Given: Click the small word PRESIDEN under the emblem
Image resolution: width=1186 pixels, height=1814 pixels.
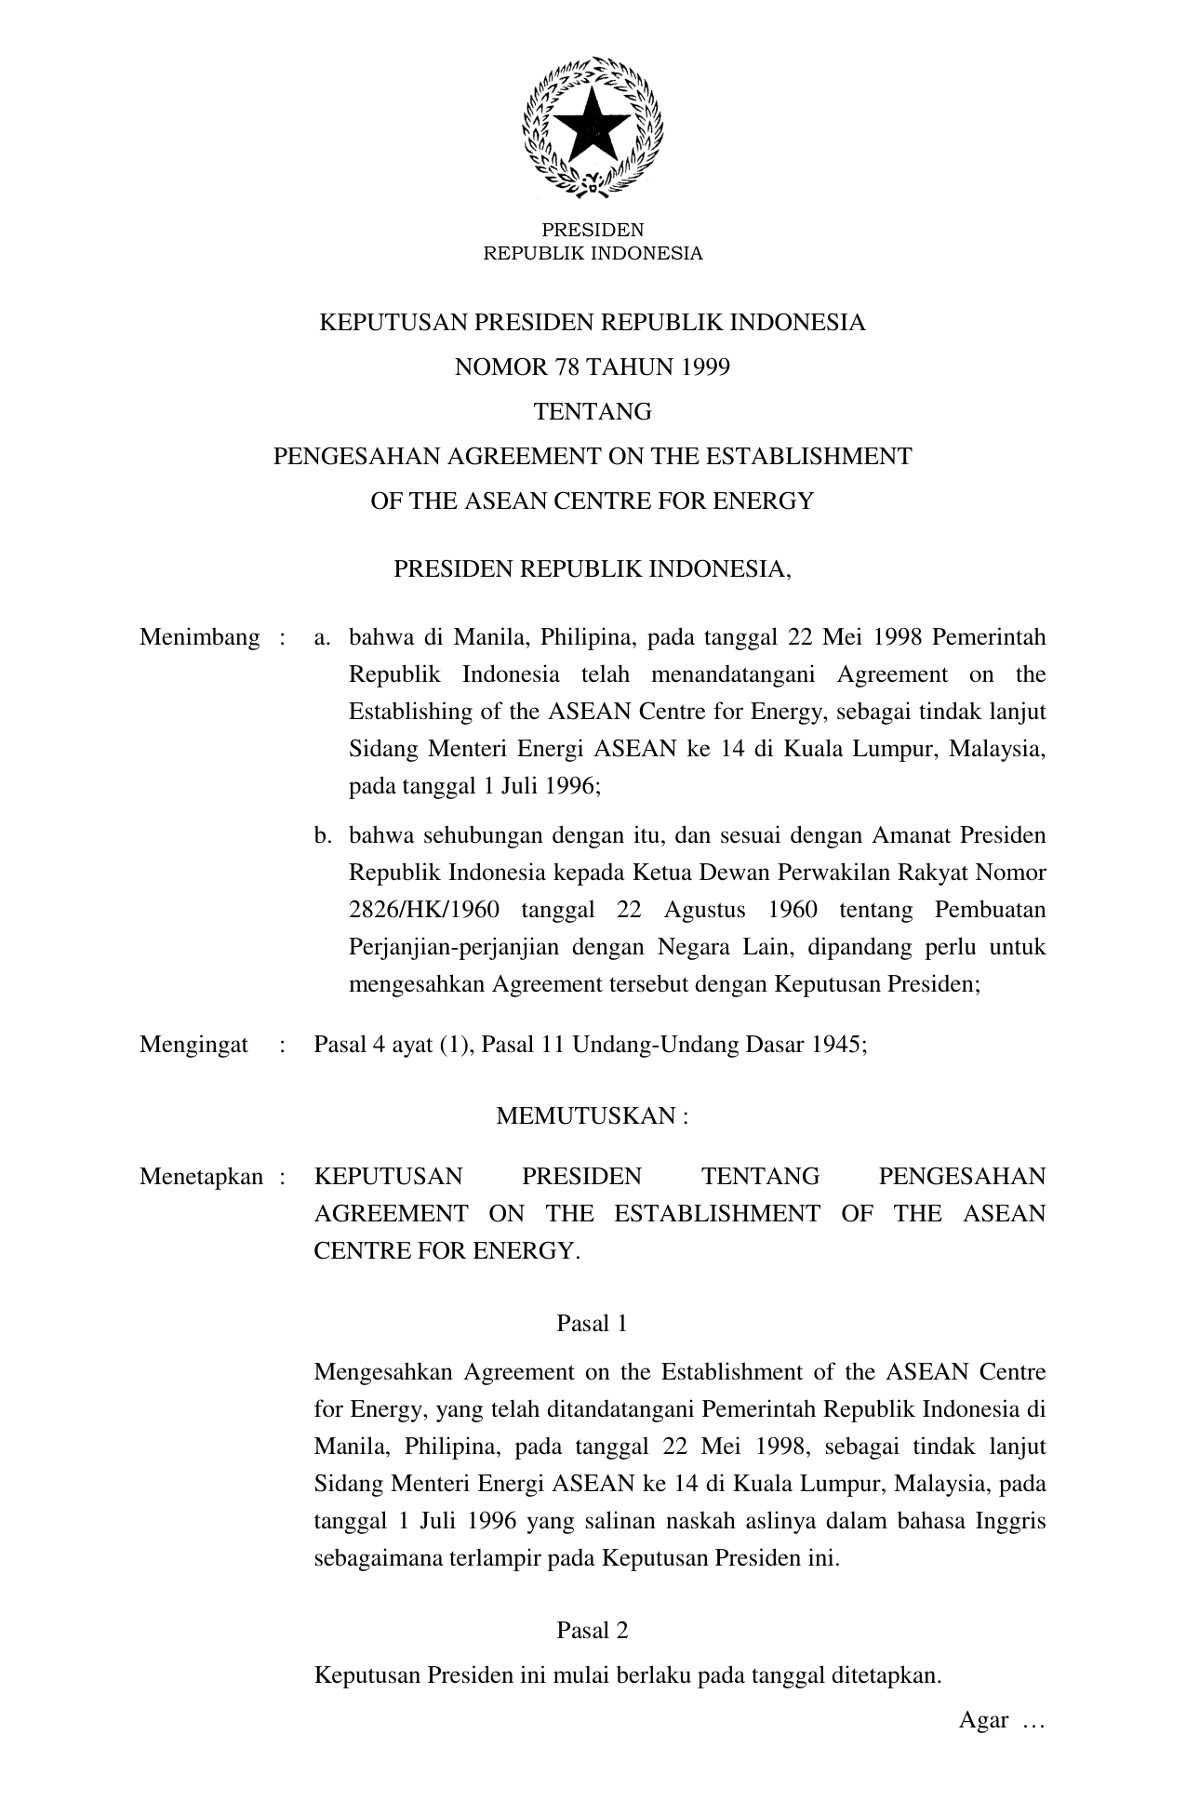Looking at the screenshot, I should (x=593, y=230).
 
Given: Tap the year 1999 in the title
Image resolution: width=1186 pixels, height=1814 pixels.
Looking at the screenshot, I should (x=707, y=367).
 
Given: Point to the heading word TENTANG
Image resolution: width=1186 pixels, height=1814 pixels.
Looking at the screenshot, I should (x=593, y=411).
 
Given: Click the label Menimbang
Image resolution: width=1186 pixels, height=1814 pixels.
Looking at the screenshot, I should (x=200, y=637).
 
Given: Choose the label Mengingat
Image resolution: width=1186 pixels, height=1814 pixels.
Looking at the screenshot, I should (x=194, y=1044).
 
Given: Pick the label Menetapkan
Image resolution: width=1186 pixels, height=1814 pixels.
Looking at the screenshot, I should (x=202, y=1177).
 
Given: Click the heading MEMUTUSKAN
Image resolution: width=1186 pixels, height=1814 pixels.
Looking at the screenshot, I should (x=586, y=1115).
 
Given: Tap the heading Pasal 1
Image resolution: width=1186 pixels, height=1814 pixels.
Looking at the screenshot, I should (x=592, y=1323).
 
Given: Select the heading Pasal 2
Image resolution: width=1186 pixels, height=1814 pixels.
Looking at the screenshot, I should (x=592, y=1630).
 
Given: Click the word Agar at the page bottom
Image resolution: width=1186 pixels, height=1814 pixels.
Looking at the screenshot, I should (x=984, y=1720).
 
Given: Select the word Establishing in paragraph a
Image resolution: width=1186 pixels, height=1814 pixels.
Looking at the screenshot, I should (x=410, y=712).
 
